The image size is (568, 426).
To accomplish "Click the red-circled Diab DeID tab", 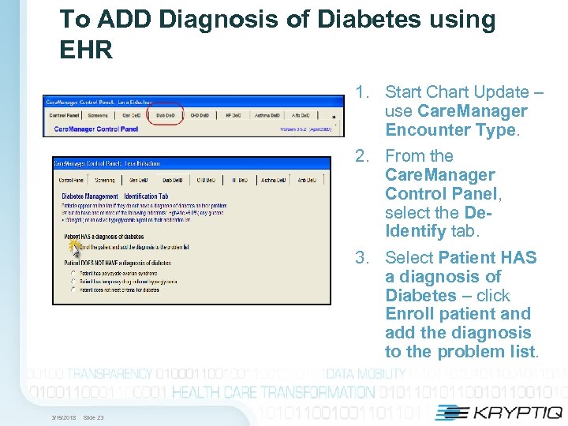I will click(166, 115).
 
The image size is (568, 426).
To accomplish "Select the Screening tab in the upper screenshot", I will click(98, 115).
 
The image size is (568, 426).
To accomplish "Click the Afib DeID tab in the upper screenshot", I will click(301, 115).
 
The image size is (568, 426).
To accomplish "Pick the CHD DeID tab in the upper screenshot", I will click(199, 115).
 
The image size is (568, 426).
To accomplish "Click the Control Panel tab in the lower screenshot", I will click(71, 181).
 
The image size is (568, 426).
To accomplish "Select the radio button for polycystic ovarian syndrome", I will click(74, 272).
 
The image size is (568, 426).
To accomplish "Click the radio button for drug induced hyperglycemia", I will click(74, 281).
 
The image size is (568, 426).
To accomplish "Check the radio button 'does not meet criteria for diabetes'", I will click(74, 290).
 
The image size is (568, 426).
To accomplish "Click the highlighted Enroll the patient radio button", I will click(73, 247).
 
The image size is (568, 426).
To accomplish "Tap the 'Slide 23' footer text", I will click(93, 417).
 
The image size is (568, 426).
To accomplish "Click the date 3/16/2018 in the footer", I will click(64, 417).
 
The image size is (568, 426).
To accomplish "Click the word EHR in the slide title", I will click(86, 51).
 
